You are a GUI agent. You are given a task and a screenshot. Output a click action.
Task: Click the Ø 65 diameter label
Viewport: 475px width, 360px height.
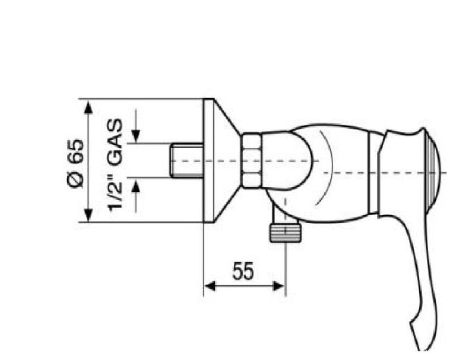75,163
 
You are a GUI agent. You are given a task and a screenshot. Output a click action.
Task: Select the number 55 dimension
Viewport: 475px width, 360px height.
243,271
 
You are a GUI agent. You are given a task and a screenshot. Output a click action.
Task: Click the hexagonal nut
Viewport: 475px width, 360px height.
251,160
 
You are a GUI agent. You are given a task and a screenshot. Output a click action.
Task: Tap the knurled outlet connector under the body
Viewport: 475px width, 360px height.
286,233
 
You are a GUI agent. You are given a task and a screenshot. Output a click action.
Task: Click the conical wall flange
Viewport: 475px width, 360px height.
221,160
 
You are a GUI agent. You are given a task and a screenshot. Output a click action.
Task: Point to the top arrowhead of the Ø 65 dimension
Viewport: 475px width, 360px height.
88,108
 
